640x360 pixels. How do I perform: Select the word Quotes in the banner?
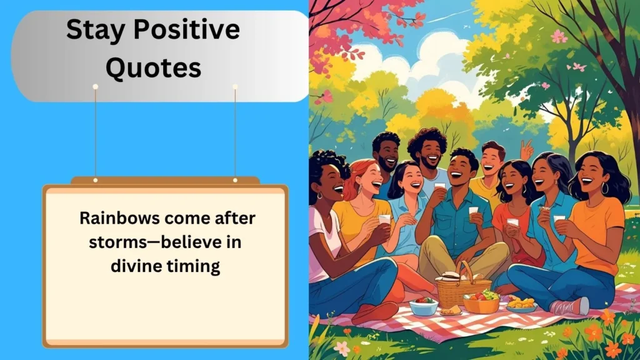click(x=154, y=67)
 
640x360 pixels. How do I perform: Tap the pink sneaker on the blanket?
click(x=570, y=306)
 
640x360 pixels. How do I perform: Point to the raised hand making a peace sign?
click(x=527, y=150)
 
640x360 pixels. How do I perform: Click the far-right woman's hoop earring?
click(x=604, y=188)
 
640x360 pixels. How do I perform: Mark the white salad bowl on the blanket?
click(x=424, y=306)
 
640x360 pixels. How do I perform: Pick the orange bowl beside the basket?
click(x=481, y=302)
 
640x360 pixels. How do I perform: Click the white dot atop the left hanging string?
click(x=96, y=86)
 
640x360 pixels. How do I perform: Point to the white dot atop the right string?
click(x=235, y=86)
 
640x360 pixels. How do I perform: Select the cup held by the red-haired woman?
click(x=384, y=220)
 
